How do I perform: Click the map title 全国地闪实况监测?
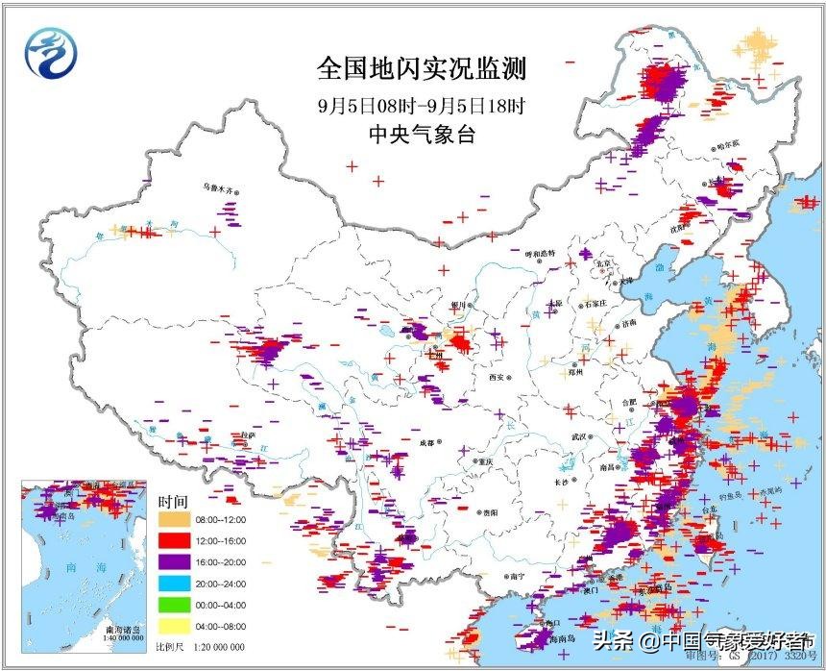422,68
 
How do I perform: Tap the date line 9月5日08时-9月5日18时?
422,104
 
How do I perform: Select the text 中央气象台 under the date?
422,135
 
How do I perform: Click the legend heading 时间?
174,501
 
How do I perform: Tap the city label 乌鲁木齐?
216,189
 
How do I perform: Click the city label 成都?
425,442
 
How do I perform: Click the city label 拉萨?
248,435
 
